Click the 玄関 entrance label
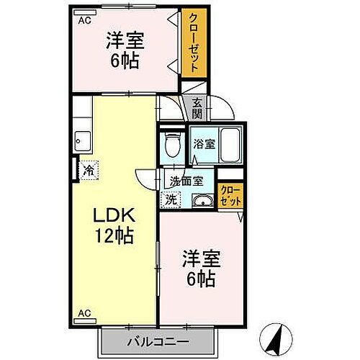(197, 108)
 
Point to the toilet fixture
(172, 144)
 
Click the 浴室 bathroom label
(204, 143)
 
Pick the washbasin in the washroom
(203, 200)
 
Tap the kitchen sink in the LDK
(81, 137)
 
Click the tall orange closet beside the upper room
(191, 43)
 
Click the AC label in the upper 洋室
(85, 21)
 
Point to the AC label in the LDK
(85, 314)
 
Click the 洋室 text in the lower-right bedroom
(201, 256)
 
